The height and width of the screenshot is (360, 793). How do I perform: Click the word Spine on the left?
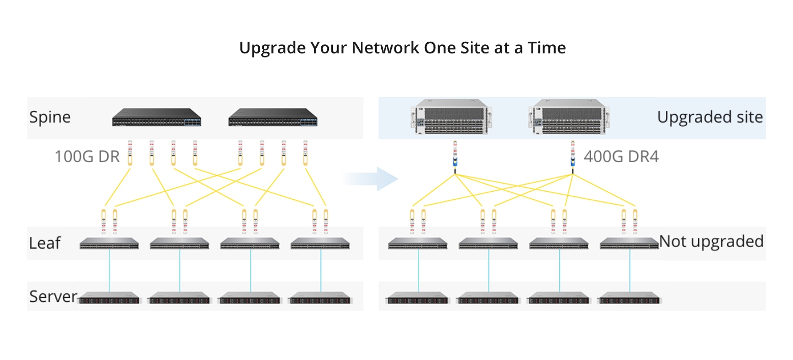[x=50, y=117]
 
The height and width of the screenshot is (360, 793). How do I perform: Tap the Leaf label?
[x=45, y=243]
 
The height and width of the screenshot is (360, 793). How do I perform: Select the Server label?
[x=53, y=296]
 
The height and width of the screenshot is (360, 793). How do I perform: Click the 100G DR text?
[x=87, y=157]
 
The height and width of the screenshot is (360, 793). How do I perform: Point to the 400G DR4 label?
[x=621, y=157]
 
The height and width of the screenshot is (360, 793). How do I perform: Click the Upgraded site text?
[x=710, y=117]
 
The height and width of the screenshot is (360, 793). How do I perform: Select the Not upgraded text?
[x=711, y=241]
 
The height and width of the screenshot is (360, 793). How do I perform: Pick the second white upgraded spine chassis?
[x=566, y=117]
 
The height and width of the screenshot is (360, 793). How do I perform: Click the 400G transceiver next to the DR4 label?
[x=572, y=155]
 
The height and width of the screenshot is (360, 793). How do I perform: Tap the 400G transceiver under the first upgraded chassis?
[x=455, y=155]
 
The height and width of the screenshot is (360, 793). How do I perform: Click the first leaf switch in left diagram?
[x=109, y=244]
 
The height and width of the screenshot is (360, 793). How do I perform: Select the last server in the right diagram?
[x=629, y=298]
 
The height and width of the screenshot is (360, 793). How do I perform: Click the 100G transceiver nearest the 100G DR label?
[x=129, y=153]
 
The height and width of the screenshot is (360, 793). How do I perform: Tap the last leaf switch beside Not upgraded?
[x=629, y=244]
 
